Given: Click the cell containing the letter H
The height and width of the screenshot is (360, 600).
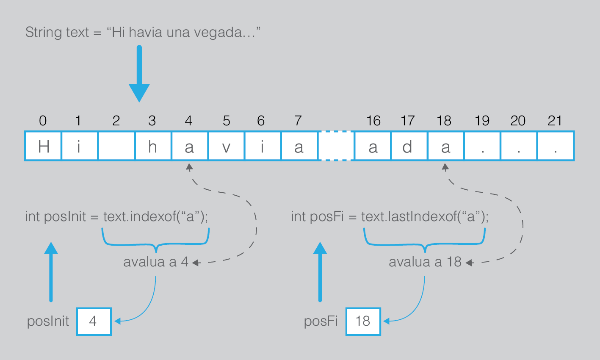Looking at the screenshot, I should [43, 147].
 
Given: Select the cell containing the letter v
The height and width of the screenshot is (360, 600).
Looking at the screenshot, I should [226, 147].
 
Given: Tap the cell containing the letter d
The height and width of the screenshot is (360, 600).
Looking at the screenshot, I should [407, 147].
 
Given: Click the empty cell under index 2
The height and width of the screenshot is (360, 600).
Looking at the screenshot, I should [116, 147].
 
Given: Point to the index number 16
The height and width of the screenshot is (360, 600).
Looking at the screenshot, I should [373, 121].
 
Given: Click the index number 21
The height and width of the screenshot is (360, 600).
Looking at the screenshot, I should [555, 121].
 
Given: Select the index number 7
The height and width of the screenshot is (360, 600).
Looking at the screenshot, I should [298, 121].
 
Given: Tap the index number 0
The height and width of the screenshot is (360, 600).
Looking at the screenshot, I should [43, 121].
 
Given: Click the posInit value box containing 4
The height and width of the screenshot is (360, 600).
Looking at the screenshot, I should [94, 321].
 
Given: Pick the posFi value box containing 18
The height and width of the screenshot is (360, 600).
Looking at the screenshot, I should [363, 321].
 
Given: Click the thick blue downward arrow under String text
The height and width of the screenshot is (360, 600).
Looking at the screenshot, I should [139, 74].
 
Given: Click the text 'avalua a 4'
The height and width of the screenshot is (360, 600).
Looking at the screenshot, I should [156, 262].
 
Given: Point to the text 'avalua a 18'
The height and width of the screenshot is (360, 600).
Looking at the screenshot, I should [425, 262].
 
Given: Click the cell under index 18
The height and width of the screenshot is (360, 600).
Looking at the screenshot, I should [445, 147].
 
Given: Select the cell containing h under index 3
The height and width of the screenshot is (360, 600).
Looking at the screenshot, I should [153, 147].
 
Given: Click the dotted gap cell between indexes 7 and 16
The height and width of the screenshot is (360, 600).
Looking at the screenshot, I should [336, 147].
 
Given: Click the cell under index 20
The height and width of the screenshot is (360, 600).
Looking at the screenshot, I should [518, 147].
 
